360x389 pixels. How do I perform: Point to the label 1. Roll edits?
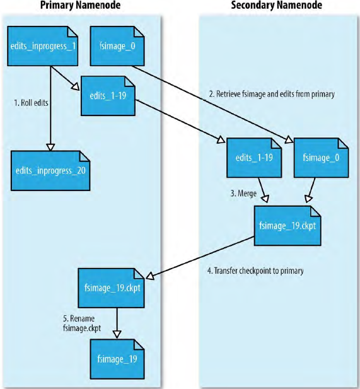click(x=32, y=101)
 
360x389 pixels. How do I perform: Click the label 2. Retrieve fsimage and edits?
click(x=271, y=94)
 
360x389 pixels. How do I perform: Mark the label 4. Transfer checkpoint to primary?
click(x=255, y=271)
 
